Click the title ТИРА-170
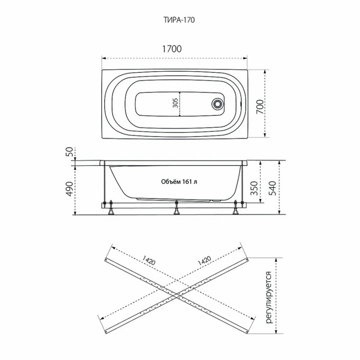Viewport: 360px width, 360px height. click(179, 20)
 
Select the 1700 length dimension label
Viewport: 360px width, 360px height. click(172, 49)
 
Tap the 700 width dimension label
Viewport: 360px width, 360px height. click(260, 107)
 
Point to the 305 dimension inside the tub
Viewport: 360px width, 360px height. click(175, 103)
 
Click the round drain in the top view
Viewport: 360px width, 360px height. click(217, 103)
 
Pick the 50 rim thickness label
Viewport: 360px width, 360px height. click(70, 152)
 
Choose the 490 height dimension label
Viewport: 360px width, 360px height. click(70, 189)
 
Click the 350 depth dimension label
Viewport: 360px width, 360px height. click(254, 188)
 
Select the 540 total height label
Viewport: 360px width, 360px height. click(272, 188)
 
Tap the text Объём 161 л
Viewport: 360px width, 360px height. click(179, 182)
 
